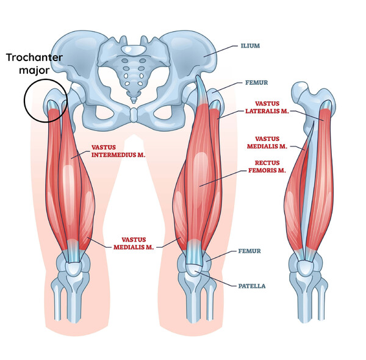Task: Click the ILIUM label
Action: [x=250, y=46]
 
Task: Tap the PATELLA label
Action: [x=251, y=286]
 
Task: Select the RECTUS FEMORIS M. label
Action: [x=267, y=167]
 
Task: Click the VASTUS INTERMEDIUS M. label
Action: [x=118, y=151]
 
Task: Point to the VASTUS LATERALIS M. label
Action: [x=267, y=107]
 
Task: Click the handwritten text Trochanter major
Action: [x=34, y=63]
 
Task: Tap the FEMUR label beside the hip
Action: [x=256, y=82]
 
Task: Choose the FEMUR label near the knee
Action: [x=249, y=251]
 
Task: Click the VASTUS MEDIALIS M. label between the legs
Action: [x=134, y=243]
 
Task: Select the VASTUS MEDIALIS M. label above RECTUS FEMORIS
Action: [x=267, y=143]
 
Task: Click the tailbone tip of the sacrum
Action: [x=133, y=101]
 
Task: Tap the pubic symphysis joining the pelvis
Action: [x=133, y=115]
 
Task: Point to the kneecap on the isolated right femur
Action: [x=305, y=268]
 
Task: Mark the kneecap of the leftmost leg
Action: [x=73, y=268]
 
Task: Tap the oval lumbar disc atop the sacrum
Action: [x=133, y=49]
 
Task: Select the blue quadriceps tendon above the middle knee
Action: [x=193, y=251]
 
